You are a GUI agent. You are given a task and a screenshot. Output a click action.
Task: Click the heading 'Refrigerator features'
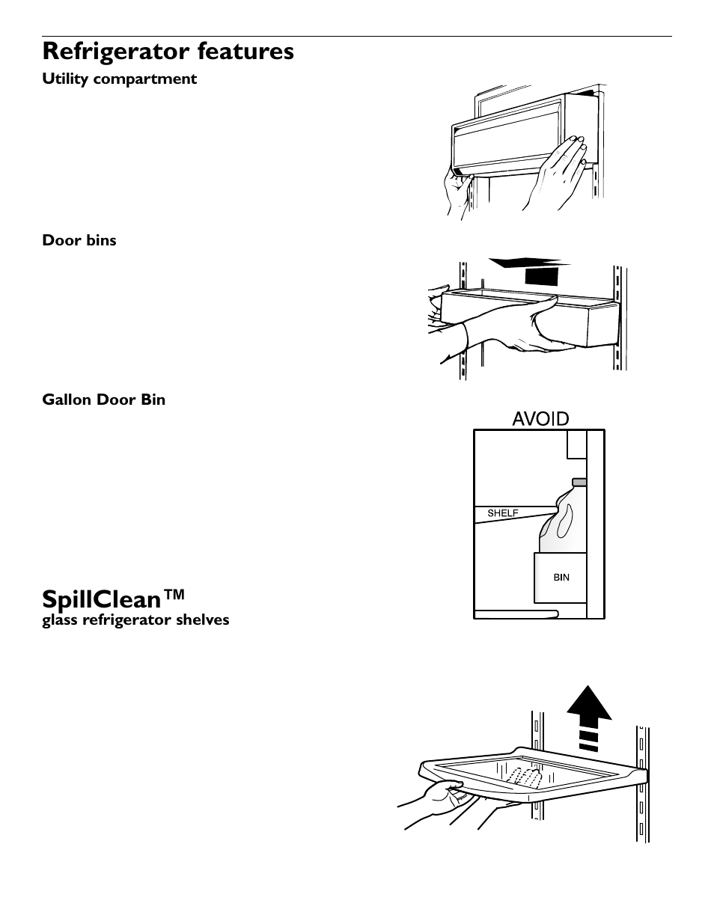168,52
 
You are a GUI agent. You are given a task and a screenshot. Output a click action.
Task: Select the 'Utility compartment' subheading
119,79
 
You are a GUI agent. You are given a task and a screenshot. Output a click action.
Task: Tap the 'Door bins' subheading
79,240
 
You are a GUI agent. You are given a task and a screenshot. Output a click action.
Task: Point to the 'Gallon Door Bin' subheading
103,400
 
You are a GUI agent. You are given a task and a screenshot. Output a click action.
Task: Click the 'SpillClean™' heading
112,599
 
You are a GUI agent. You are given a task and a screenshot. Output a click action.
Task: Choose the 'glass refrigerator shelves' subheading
135,619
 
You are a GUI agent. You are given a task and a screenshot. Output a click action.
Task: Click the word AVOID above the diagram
540,418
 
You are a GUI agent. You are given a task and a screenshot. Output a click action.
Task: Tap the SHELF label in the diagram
503,513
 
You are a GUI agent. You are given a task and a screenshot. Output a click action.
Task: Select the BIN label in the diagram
561,577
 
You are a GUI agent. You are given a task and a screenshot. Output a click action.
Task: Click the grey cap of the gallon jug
578,481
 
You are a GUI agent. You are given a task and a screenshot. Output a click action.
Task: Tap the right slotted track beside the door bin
618,314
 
